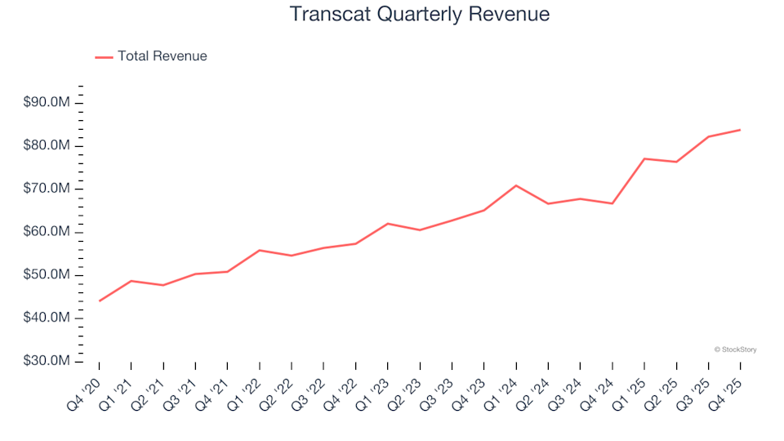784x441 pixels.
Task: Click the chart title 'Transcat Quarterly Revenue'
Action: pos(420,15)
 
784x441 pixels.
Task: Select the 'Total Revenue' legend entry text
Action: pos(162,56)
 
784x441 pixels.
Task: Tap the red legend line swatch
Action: pos(104,57)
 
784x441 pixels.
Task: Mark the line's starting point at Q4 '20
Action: pos(100,301)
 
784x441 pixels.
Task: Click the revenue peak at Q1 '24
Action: pos(516,185)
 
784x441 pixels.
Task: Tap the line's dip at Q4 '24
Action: pos(612,203)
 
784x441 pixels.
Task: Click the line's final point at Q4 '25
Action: pos(740,130)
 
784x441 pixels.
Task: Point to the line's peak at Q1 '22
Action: pos(260,250)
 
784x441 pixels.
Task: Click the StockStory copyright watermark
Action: pos(735,350)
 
